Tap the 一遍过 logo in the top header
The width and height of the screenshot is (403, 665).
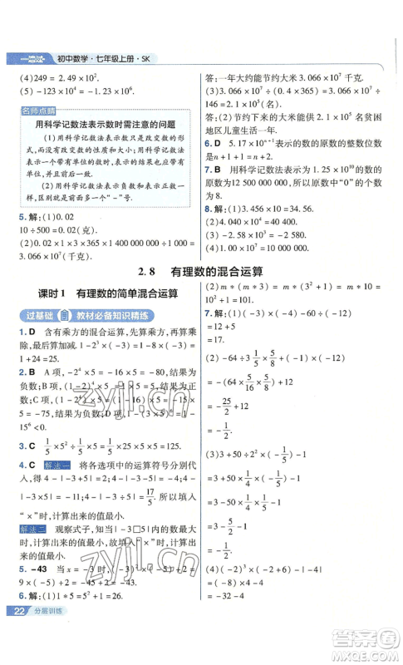point(22,59)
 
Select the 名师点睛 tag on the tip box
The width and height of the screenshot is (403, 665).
point(37,110)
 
